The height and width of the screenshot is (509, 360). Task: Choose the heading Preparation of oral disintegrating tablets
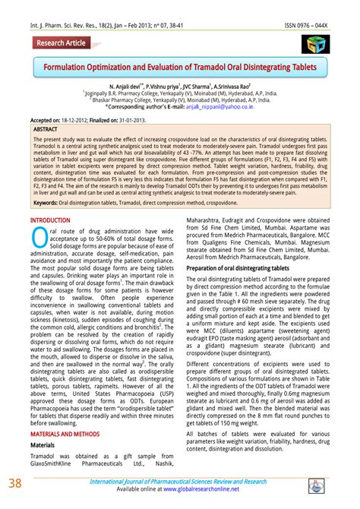coord(238,269)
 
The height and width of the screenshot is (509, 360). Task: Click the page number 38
coord(15,485)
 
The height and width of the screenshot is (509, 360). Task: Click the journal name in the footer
coord(178,482)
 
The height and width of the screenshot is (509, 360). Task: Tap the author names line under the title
coord(179,87)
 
